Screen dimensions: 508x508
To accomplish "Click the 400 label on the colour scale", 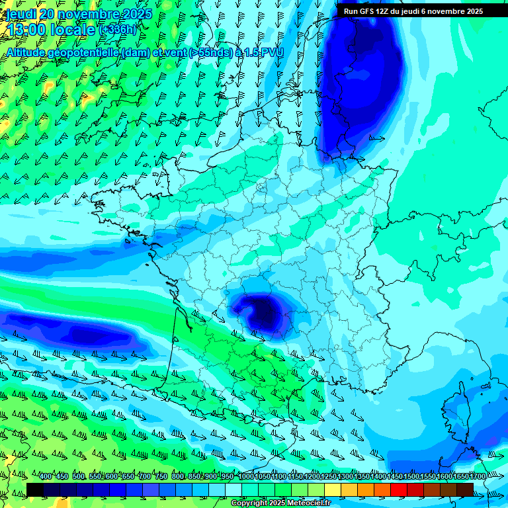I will coord(46,477).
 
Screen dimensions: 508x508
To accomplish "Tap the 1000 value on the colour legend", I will coord(246,477).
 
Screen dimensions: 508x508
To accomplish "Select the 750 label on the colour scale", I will coord(161,477).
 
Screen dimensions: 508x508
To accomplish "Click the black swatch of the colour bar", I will coord(35,489).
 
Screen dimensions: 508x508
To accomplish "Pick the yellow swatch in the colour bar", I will coord(333,489).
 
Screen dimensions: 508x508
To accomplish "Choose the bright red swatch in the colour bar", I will coord(399,489).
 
